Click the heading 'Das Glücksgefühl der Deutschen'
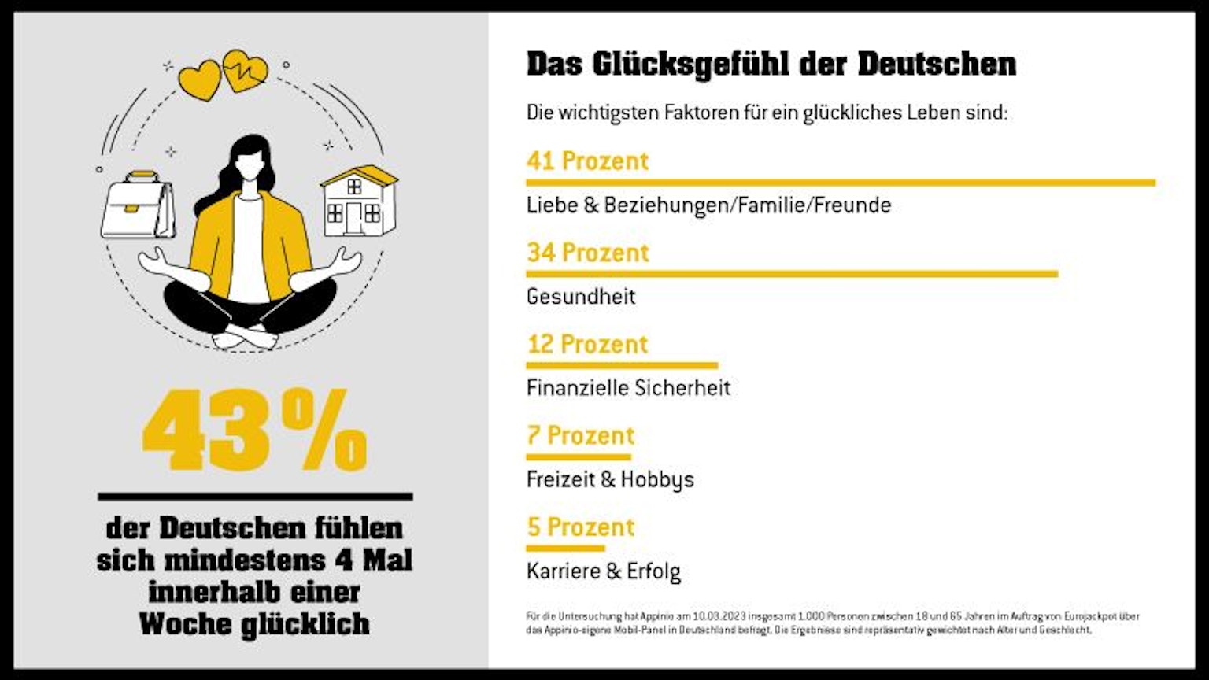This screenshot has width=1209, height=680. (771, 65)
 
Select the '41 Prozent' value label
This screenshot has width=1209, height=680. (587, 161)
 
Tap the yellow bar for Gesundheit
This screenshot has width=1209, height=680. (791, 274)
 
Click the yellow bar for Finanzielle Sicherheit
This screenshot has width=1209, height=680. (622, 365)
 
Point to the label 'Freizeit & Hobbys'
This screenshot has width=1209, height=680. (610, 479)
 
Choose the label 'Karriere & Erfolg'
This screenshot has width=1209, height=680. (604, 571)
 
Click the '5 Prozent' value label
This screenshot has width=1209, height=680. (580, 527)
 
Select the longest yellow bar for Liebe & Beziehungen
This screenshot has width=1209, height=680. (840, 183)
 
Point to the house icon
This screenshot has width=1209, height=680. (358, 202)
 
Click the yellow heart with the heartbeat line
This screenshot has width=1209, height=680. (245, 71)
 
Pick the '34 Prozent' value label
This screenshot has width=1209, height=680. (587, 253)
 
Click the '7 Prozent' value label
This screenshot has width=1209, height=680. (580, 435)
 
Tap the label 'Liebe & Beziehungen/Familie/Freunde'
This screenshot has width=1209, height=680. (708, 205)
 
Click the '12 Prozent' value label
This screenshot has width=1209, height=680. (587, 344)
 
